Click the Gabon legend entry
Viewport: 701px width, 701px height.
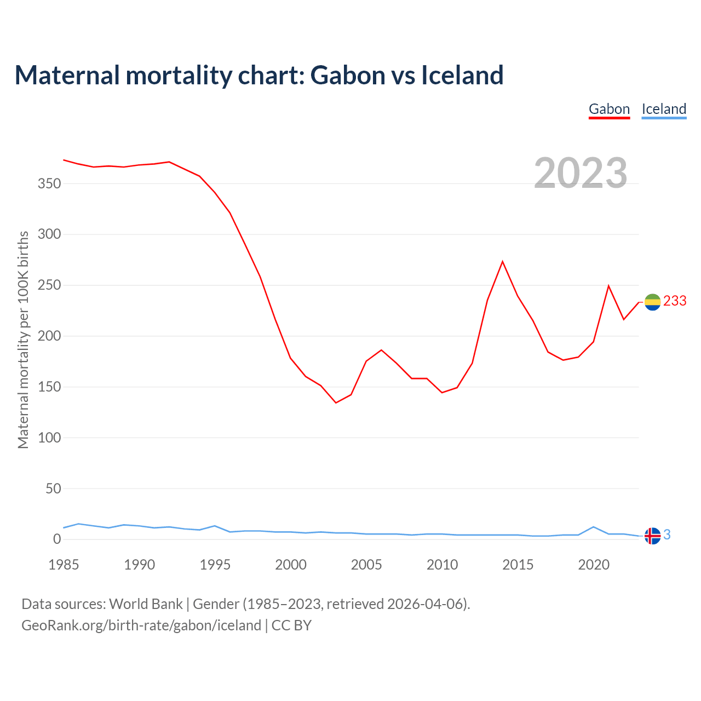(609, 109)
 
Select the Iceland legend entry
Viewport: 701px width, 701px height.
(664, 109)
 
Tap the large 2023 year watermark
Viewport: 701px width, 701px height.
(581, 173)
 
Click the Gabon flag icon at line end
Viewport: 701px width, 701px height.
(652, 302)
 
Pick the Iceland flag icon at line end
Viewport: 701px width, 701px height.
(652, 536)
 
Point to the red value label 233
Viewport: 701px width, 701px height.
(675, 301)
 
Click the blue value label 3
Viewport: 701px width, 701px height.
(667, 535)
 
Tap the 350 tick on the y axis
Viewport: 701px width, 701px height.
(49, 184)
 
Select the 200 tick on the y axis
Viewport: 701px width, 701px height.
(49, 336)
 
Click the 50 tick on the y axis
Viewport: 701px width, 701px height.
(53, 489)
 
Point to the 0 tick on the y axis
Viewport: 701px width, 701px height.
(57, 539)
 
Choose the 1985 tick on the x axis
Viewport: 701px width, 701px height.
(64, 565)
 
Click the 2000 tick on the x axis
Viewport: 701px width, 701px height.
(291, 565)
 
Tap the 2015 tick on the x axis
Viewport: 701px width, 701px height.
(518, 565)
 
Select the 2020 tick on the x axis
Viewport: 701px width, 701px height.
(594, 565)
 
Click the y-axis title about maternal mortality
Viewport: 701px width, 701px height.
(24, 340)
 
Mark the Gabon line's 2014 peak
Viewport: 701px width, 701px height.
(502, 262)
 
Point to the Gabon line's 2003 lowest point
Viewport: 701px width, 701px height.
(336, 403)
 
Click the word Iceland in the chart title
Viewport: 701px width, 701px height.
(462, 75)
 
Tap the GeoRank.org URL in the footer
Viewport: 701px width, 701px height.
(141, 625)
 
